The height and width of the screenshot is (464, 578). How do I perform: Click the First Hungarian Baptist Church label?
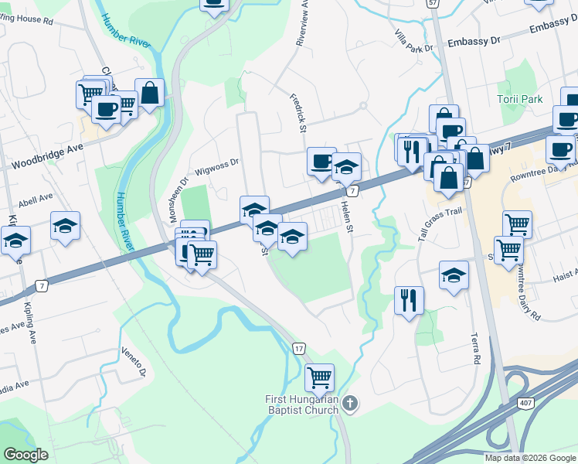[x=301, y=404]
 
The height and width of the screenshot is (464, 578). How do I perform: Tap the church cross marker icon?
[x=350, y=403]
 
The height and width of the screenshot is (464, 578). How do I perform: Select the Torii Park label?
[x=520, y=99]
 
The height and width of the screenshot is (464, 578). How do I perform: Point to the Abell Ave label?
[x=35, y=197]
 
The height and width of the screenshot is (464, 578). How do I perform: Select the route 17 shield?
[x=298, y=349]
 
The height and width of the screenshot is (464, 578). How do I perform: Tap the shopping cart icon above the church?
[x=319, y=377]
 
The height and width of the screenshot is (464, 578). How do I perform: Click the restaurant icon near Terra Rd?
[x=409, y=300]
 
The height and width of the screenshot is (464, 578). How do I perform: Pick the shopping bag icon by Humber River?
[x=150, y=94]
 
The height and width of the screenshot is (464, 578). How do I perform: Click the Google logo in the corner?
[x=25, y=455]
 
